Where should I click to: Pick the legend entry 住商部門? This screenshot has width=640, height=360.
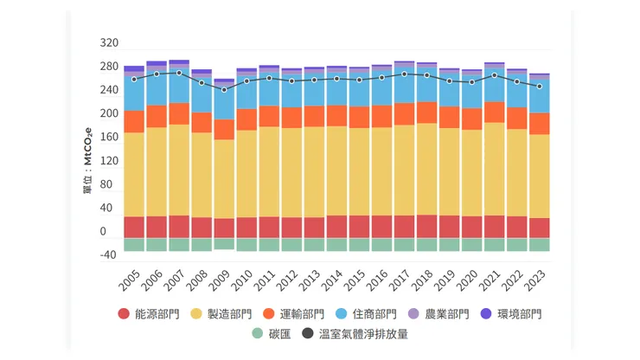(x=372, y=314)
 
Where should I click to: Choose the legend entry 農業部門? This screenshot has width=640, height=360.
(x=444, y=314)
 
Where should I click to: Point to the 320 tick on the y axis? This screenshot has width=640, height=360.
(x=109, y=43)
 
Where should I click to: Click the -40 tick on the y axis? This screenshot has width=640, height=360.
(x=108, y=254)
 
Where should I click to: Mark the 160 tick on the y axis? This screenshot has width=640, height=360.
(x=109, y=137)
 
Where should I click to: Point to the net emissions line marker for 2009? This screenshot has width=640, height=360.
(x=224, y=90)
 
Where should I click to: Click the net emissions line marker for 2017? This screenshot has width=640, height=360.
(x=404, y=74)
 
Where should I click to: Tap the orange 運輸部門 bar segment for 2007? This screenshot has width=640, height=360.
(x=179, y=113)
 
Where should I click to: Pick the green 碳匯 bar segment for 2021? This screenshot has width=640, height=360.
(x=494, y=245)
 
